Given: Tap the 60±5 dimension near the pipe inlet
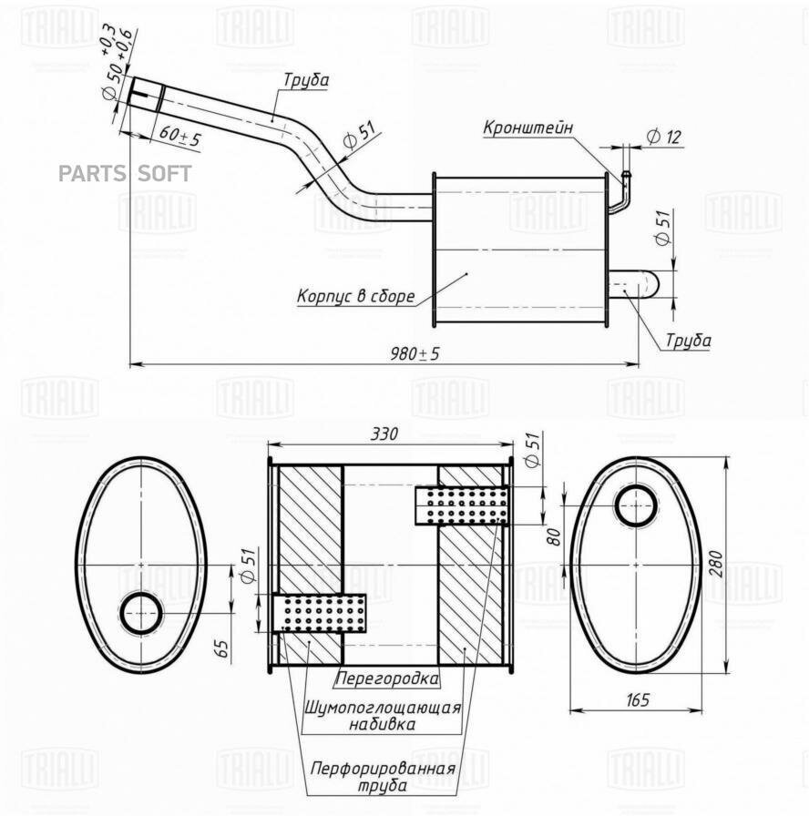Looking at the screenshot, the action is [x=179, y=138].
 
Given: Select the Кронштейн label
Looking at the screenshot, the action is [x=527, y=128].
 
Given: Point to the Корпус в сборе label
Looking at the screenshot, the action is [x=355, y=296].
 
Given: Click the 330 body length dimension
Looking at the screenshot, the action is [x=384, y=434].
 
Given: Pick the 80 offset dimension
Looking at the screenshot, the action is [x=552, y=535].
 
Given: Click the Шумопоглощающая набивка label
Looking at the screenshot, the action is [x=383, y=716].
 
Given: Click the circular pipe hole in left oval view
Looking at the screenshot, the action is [x=141, y=614].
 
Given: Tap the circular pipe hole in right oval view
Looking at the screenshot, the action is [x=636, y=506].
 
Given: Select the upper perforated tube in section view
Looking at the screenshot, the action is [x=462, y=505].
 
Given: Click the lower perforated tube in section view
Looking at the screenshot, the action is [x=320, y=613].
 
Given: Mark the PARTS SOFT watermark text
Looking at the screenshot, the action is [x=126, y=174].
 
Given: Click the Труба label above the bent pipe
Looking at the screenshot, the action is [x=305, y=80].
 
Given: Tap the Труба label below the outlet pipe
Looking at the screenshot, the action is [x=688, y=341].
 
